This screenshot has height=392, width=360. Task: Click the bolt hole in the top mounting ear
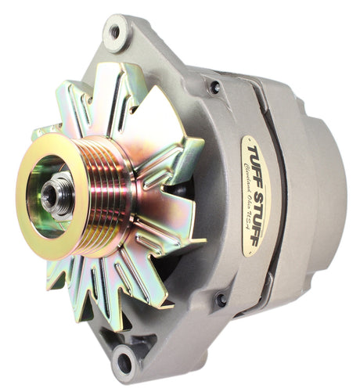[114, 32]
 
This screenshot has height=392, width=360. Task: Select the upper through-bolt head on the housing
[214, 88]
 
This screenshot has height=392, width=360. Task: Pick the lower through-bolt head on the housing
[221, 299]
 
